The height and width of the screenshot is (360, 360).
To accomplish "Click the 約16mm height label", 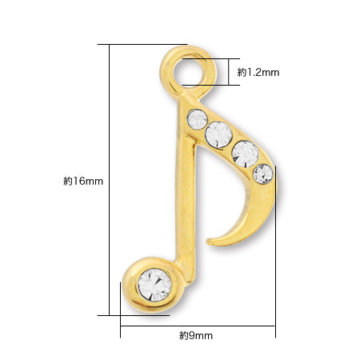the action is point(83,182).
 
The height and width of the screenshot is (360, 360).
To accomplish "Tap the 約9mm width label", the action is point(196,335).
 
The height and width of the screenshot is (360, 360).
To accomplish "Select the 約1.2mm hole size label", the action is point(258,72).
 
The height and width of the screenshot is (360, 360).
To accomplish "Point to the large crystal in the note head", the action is point(154,285).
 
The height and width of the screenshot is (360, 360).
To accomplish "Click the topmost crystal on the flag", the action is point(198,119).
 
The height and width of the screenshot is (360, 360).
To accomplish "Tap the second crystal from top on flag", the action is point(218,134).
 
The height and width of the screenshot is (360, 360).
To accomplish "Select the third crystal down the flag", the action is point(246,154).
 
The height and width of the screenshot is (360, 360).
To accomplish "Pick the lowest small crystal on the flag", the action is point(263,174).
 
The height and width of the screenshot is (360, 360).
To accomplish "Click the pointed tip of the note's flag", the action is point(208,242).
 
